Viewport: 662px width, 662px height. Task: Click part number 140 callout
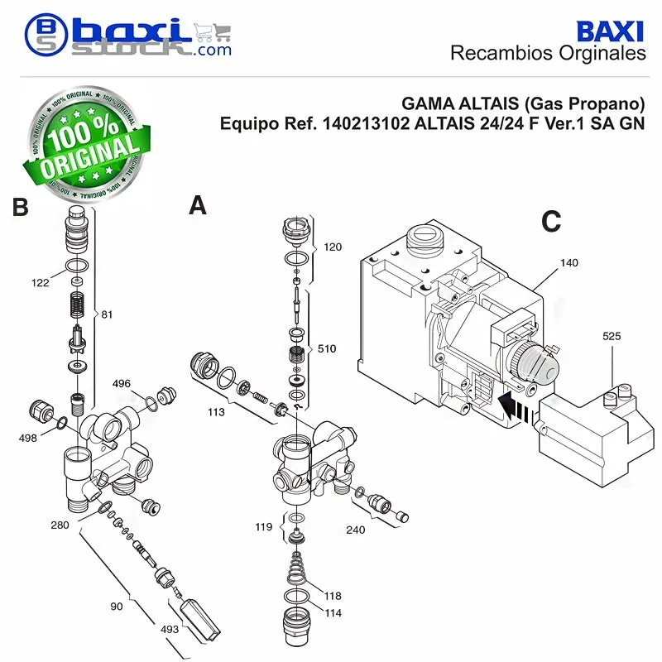click(x=568, y=263)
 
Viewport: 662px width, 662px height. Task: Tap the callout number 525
click(x=612, y=336)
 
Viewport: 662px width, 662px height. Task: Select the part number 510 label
click(x=327, y=348)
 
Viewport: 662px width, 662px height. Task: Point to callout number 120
click(x=333, y=247)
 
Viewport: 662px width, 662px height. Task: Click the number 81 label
click(x=107, y=314)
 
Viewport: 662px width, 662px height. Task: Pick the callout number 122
click(x=41, y=283)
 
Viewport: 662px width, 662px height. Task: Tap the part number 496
click(x=122, y=384)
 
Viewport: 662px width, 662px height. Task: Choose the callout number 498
click(x=27, y=439)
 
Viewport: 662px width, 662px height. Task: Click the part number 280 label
click(x=60, y=525)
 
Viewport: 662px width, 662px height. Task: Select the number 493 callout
click(x=170, y=630)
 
